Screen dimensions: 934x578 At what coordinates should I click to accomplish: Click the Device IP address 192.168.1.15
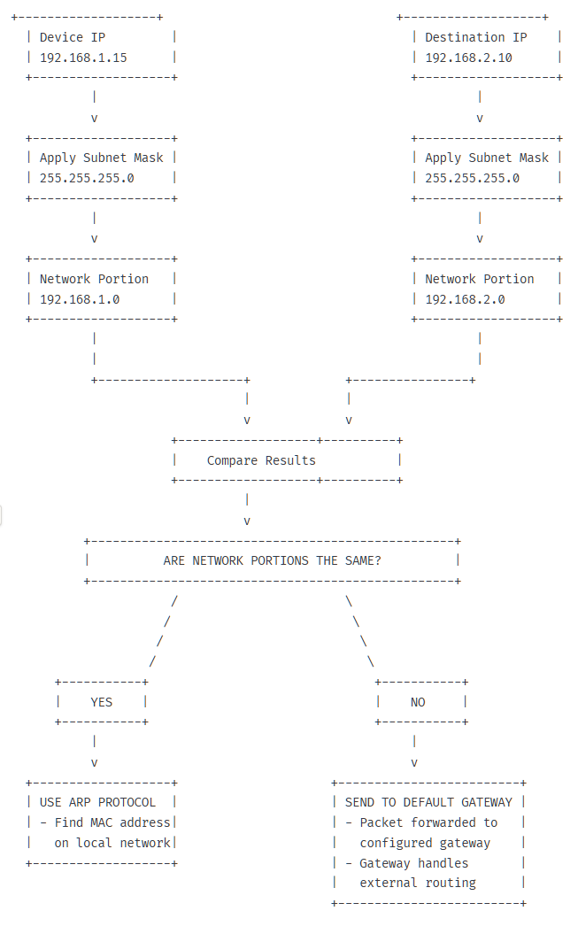83,58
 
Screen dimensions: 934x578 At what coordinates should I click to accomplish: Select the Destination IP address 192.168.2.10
468,58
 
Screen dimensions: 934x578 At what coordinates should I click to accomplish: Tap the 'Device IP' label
73,37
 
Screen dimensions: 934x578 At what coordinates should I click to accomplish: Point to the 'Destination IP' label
475,37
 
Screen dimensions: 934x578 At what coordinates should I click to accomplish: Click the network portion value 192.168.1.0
80,299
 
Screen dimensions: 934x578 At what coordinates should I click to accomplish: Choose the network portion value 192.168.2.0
465,299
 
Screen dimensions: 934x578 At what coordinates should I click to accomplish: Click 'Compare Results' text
261,460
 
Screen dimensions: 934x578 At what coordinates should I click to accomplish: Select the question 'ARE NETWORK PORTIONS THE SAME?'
273,560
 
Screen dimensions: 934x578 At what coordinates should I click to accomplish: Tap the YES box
102,702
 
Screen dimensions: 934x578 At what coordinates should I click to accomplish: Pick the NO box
418,702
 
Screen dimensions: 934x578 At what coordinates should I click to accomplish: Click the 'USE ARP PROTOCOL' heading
97,802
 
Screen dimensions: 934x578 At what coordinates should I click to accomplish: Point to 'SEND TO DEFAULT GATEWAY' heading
428,802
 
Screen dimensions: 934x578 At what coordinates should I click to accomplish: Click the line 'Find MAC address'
112,822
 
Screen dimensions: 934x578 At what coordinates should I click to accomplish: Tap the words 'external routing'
418,883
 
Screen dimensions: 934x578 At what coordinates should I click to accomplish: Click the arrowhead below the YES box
95,762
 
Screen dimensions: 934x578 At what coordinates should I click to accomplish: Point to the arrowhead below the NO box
413,762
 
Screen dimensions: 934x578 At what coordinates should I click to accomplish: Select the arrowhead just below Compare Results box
247,521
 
